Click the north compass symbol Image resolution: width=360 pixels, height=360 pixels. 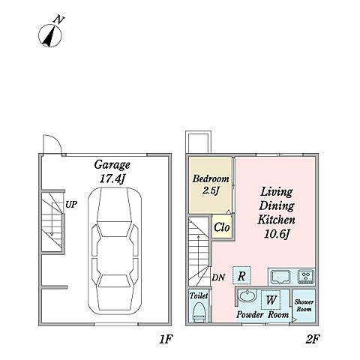point(50,36)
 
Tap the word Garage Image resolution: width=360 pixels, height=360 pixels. point(112,165)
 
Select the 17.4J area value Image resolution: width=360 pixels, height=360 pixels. point(112,178)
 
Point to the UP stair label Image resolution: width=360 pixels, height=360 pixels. point(71,205)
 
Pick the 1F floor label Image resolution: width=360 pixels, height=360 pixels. point(166,339)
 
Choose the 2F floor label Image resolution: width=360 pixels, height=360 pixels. point(313,339)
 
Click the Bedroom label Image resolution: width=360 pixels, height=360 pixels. point(211,178)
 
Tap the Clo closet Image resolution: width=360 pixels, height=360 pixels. point(222,227)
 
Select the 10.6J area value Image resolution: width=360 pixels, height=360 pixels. point(277,234)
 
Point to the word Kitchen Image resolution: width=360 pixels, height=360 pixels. point(276,220)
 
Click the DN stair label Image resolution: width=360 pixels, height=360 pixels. point(218,277)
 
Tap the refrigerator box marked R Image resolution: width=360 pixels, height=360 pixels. point(241,275)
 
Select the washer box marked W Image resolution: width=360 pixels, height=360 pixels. point(271,299)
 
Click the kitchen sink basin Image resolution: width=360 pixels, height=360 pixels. point(281,277)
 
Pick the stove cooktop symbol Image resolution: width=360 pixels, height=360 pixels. point(306,277)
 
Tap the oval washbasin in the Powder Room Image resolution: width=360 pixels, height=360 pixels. point(247,296)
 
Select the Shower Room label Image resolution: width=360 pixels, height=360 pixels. point(304,305)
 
